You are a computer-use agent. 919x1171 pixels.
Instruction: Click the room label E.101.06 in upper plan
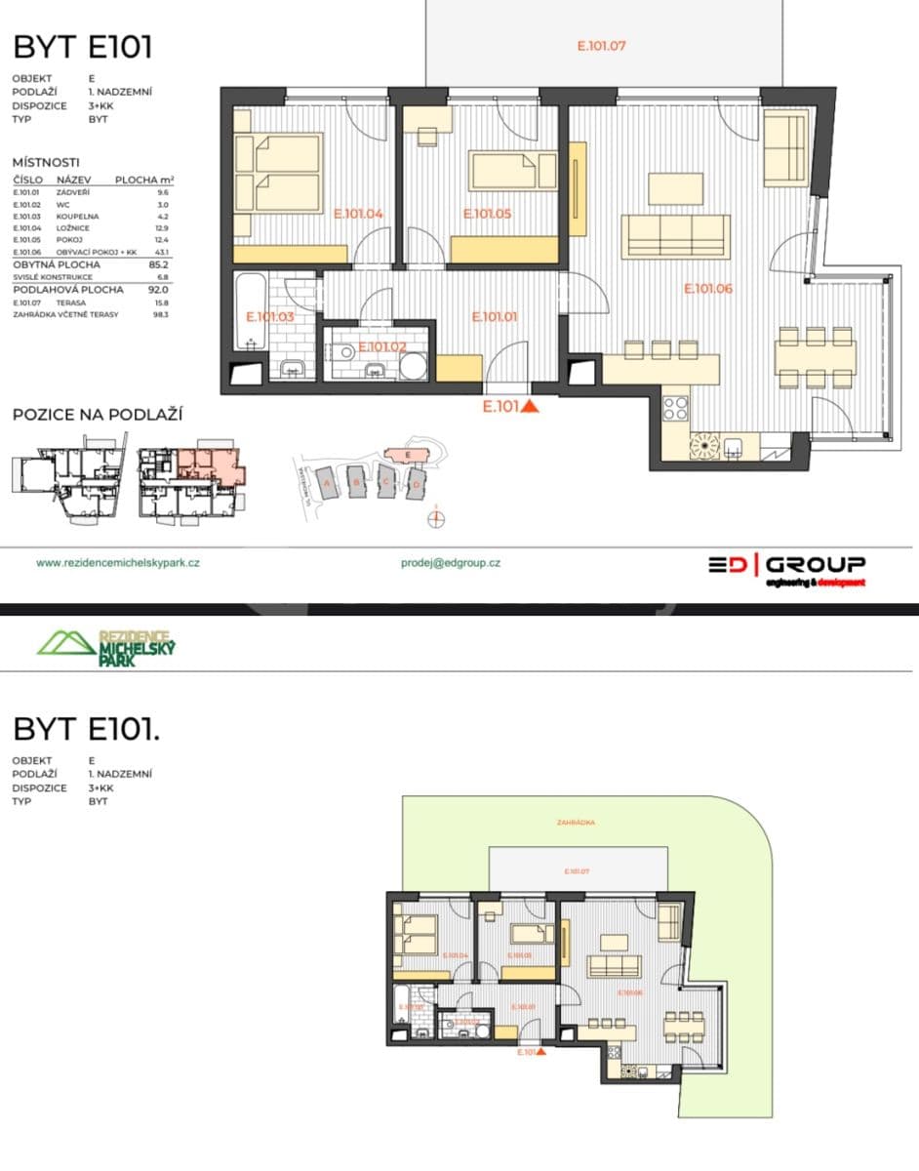pyautogui.click(x=707, y=289)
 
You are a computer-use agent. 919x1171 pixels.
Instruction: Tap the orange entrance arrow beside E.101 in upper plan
pyautogui.click(x=531, y=407)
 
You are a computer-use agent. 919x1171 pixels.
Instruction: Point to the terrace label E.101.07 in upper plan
pyautogui.click(x=601, y=45)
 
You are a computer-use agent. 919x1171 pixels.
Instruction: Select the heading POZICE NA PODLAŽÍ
pyautogui.click(x=98, y=415)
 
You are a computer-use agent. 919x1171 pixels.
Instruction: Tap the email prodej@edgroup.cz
pyautogui.click(x=451, y=563)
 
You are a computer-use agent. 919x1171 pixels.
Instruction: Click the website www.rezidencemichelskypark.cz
pyautogui.click(x=118, y=563)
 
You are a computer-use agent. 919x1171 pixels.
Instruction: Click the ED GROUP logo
pyautogui.click(x=786, y=567)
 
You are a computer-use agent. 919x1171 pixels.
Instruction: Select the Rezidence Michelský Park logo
pyautogui.click(x=105, y=644)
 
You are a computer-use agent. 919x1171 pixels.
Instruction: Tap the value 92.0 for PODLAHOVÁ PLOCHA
pyautogui.click(x=158, y=290)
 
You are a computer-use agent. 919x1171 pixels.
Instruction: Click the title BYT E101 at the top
pyautogui.click(x=82, y=47)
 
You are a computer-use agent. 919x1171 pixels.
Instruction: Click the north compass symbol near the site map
pyautogui.click(x=436, y=518)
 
